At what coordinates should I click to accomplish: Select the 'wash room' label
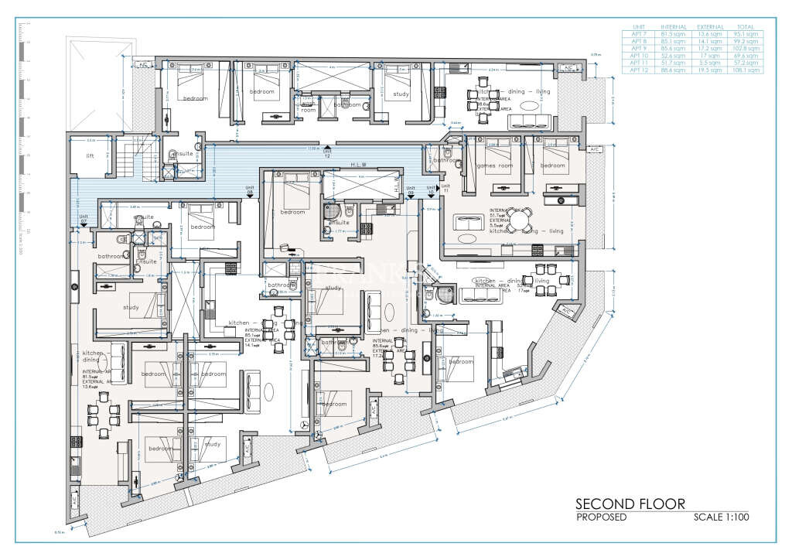tap(307, 110)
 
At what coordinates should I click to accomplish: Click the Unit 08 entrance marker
tap(250, 193)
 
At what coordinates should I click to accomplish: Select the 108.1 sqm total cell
tap(748, 70)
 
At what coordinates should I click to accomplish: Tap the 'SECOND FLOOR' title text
tap(630, 504)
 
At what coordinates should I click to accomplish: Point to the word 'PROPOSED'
tap(601, 517)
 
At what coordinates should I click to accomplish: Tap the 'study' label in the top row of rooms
tap(401, 94)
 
